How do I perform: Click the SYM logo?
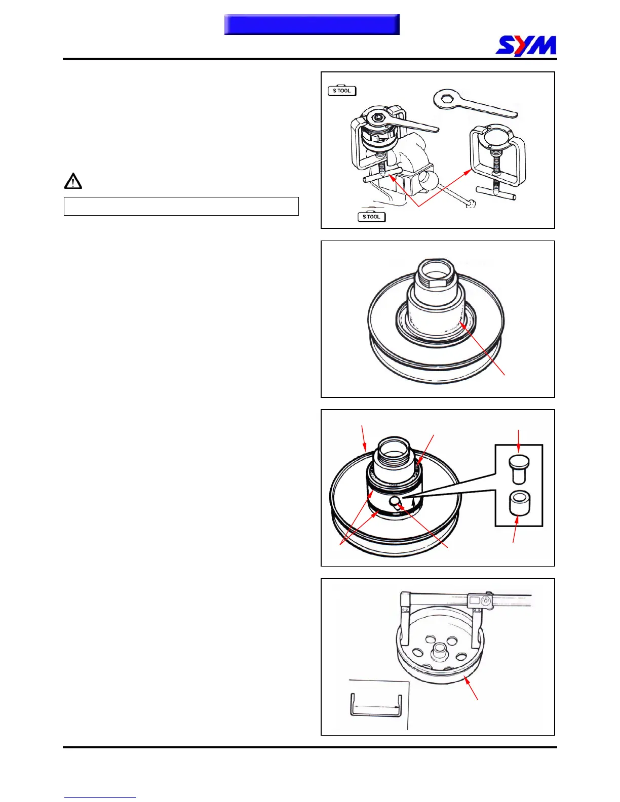point(525,46)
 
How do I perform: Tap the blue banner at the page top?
point(312,25)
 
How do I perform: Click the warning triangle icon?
point(73,181)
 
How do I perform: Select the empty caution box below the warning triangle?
point(181,206)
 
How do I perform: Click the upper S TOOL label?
point(342,91)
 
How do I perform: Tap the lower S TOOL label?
point(371,217)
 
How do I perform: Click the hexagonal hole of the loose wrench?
point(444,99)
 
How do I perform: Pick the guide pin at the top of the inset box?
point(519,469)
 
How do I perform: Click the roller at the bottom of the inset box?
point(520,503)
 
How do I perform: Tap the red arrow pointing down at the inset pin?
point(519,441)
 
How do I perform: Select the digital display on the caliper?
point(475,601)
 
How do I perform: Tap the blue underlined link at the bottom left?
point(100,797)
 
